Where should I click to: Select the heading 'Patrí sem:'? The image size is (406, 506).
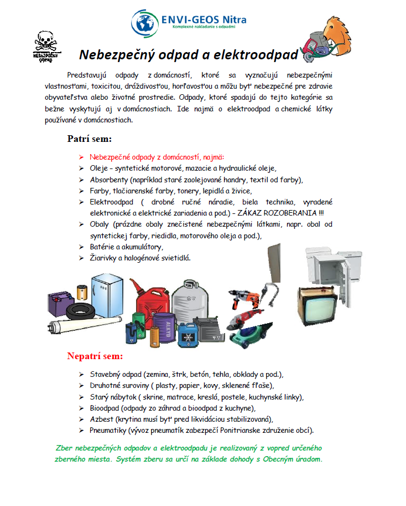[90, 139]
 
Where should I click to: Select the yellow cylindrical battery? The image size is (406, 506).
[83, 291]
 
